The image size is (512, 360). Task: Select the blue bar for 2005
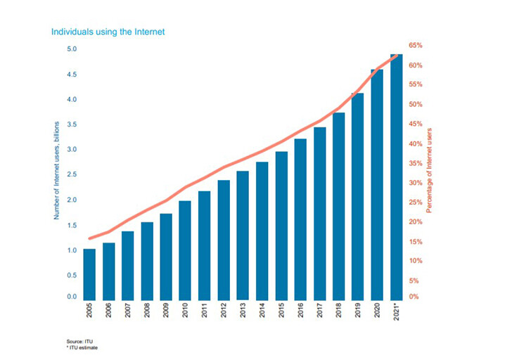pyautogui.click(x=89, y=274)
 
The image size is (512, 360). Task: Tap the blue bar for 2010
pyautogui.click(x=185, y=250)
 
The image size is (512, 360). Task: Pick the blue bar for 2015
pyautogui.click(x=281, y=225)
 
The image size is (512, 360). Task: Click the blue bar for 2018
pyautogui.click(x=338, y=205)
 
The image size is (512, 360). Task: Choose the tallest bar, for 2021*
pyautogui.click(x=396, y=176)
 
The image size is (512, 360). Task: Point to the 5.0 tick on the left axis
pyautogui.click(x=72, y=49)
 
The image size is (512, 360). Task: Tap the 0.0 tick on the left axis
pyautogui.click(x=72, y=297)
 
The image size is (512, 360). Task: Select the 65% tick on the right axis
pyautogui.click(x=415, y=46)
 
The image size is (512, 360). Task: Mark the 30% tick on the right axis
pyautogui.click(x=415, y=183)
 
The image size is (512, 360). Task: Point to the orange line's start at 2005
pyautogui.click(x=89, y=239)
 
